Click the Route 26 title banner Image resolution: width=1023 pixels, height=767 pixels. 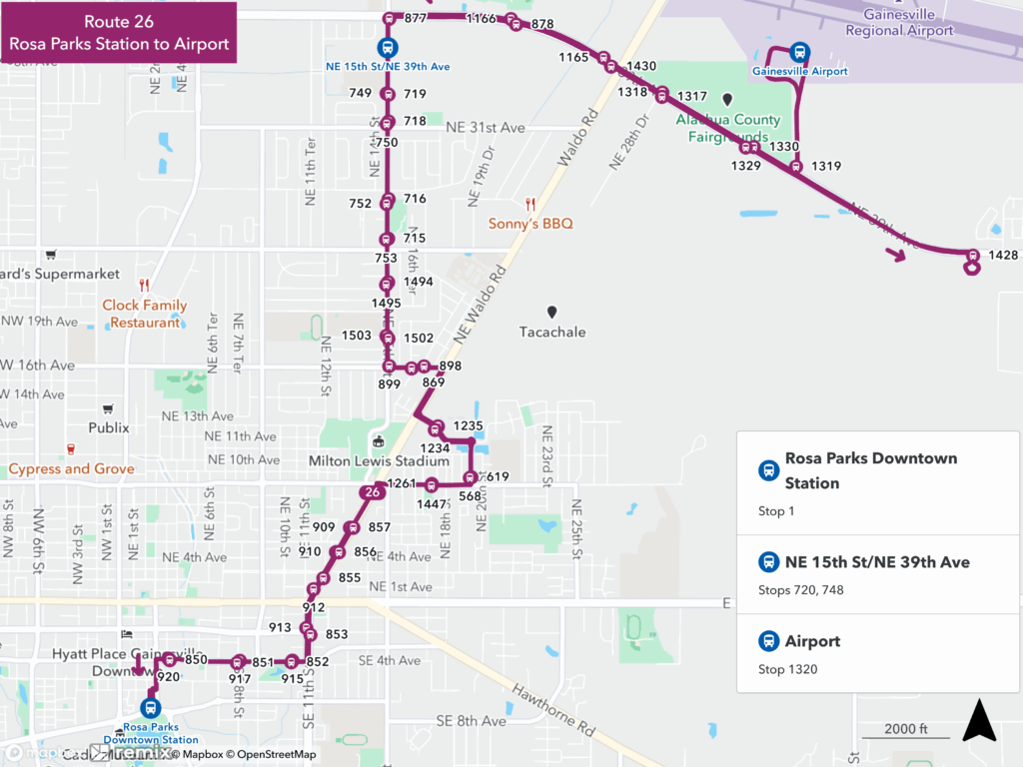coord(119,32)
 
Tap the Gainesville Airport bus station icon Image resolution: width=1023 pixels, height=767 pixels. coord(799,53)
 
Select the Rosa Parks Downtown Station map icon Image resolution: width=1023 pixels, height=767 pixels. coord(150,708)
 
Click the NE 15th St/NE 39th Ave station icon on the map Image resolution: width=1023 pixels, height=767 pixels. coord(387,48)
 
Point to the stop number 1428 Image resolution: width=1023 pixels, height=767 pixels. coord(1002,256)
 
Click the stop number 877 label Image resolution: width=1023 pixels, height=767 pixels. coord(416,19)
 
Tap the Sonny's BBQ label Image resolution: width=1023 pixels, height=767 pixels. coord(530,224)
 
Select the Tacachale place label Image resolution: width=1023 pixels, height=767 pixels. coord(552,332)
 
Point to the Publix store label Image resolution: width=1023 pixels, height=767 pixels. coord(109,427)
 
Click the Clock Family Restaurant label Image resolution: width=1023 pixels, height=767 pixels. coord(145,314)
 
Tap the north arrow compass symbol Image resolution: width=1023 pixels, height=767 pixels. coord(979,721)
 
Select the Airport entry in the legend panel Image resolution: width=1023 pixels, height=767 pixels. coord(812,641)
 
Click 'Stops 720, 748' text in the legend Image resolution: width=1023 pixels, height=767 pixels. coord(801,590)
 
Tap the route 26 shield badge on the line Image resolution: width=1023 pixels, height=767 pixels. coord(372,492)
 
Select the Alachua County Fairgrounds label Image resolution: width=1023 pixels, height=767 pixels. coord(728,128)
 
